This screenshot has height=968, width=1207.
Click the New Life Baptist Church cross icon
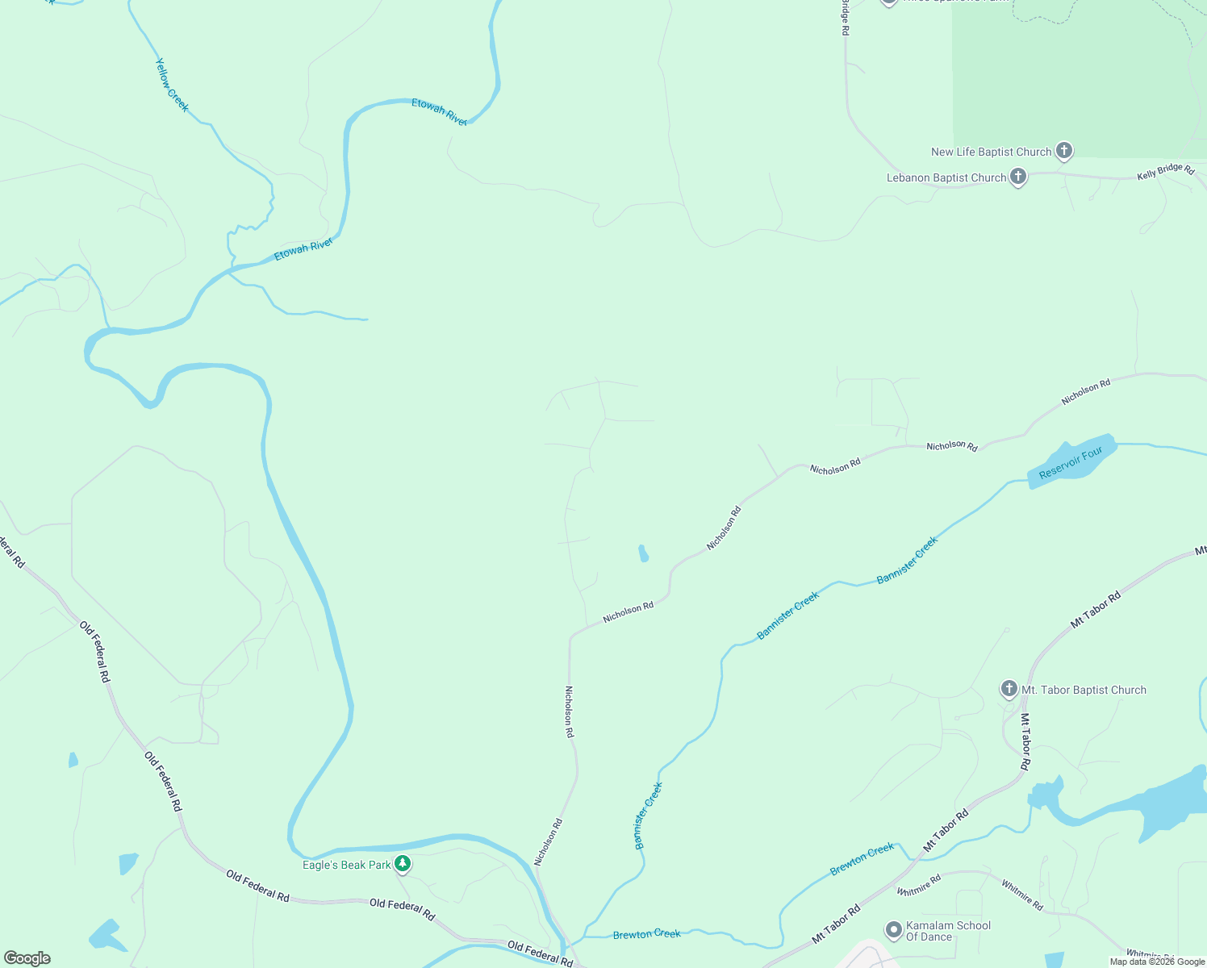(x=1064, y=151)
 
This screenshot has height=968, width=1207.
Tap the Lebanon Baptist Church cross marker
(x=1018, y=177)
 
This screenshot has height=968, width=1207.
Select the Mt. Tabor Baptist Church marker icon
(x=1009, y=689)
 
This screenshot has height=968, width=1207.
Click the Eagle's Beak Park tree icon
(x=403, y=864)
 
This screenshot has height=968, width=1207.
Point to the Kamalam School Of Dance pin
(x=894, y=930)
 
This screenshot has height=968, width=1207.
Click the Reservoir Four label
(x=1071, y=463)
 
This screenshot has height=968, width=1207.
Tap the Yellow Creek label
(x=172, y=85)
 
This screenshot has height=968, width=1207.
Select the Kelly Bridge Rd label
(x=1165, y=171)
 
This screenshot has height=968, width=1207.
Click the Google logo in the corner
(x=27, y=958)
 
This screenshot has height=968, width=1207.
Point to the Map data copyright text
(x=1157, y=962)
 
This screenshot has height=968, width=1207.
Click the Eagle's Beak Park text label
(x=346, y=865)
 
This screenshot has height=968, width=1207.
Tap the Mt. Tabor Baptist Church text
(x=1084, y=690)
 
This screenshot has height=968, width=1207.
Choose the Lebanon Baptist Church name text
(x=946, y=177)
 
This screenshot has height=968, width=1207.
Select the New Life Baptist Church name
(x=991, y=152)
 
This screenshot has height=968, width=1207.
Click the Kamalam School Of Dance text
(x=948, y=931)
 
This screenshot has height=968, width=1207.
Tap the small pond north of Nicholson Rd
(x=644, y=553)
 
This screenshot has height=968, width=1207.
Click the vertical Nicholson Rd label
(x=569, y=711)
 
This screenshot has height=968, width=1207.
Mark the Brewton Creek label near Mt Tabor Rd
(x=862, y=859)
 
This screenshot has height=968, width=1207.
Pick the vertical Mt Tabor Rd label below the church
(x=1025, y=741)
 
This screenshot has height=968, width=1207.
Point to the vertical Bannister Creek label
(x=648, y=816)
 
